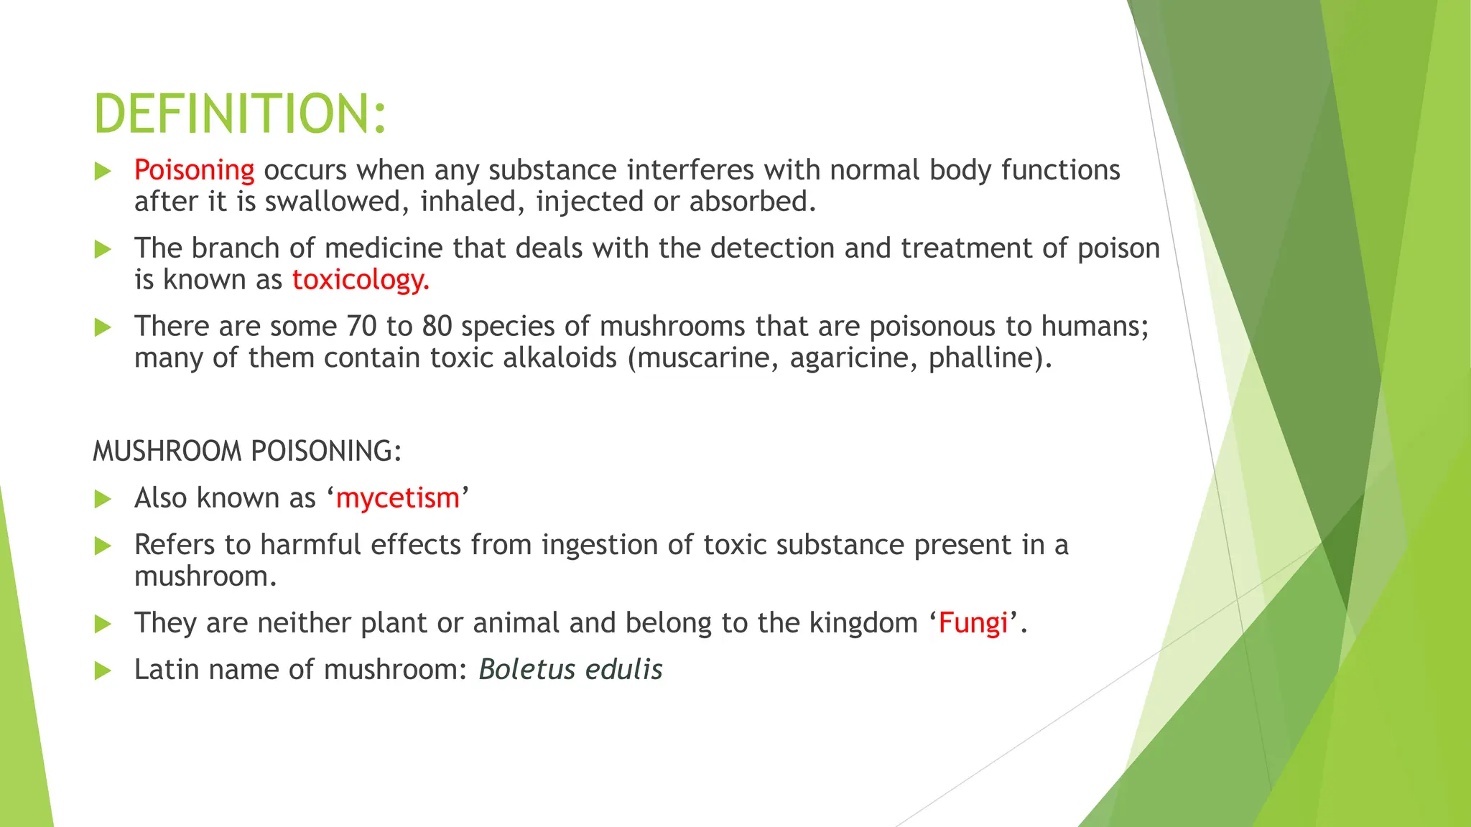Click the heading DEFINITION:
point(240,114)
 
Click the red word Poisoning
point(194,170)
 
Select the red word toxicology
point(360,279)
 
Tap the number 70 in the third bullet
point(361,327)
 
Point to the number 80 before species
point(437,327)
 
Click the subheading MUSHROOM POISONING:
point(247,452)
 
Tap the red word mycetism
point(397,498)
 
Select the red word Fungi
point(973,623)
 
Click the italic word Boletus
point(527,670)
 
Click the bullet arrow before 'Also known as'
point(103,499)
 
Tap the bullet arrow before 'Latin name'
point(103,671)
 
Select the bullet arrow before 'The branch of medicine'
point(103,250)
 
